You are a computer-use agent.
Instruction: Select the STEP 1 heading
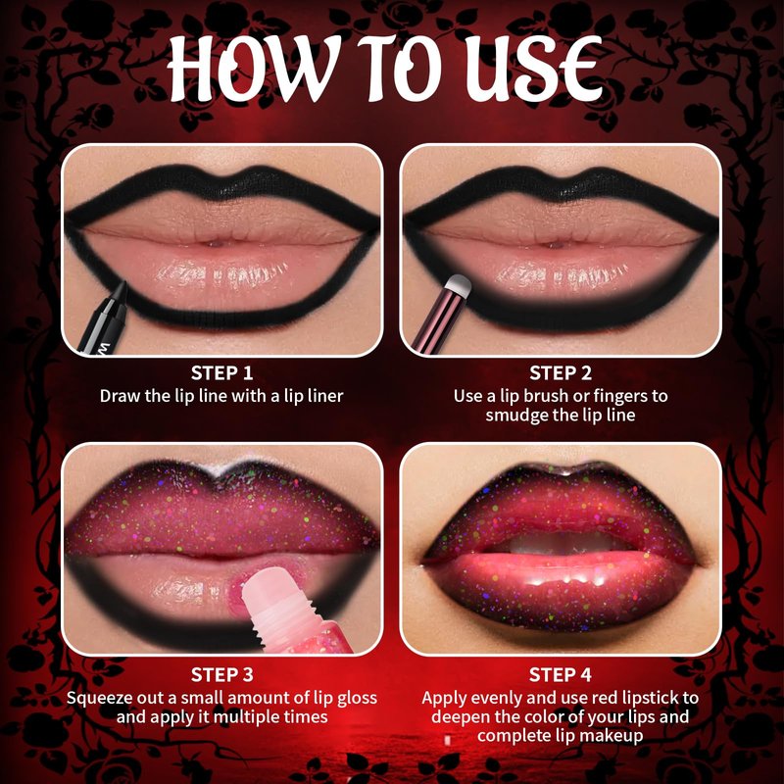pos(222,373)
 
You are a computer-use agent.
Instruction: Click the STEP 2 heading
pos(561,373)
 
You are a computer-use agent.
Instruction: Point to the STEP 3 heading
pos(222,674)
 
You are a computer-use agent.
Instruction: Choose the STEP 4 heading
pos(561,674)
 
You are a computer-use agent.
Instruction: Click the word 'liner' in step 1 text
pos(325,396)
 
